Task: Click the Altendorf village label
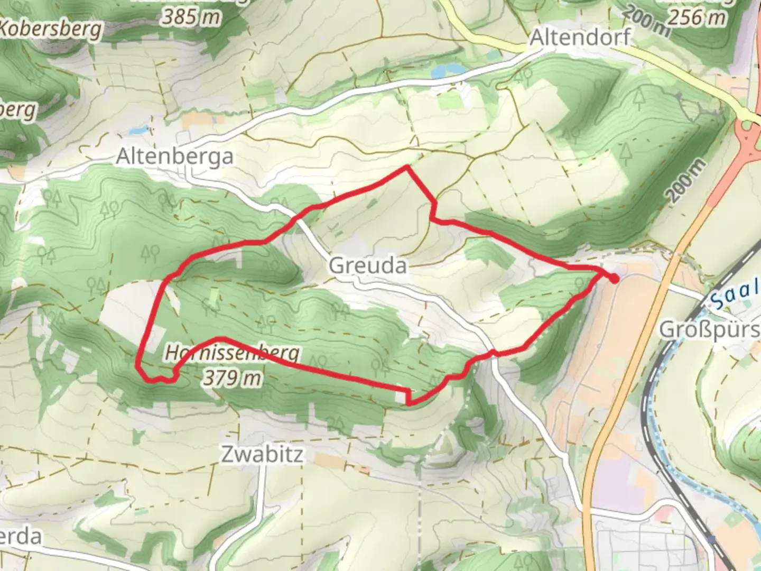pos(580,38)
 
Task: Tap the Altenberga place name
pos(174,157)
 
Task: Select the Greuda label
pos(368,265)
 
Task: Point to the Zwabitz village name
pos(262,454)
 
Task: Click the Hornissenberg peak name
pos(233,353)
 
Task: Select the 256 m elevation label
pos(697,17)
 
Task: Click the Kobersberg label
pos(50,29)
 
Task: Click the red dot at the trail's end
pos(614,278)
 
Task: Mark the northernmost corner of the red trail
pos(406,167)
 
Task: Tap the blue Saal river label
pos(735,297)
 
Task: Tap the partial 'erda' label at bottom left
pos(21,536)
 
